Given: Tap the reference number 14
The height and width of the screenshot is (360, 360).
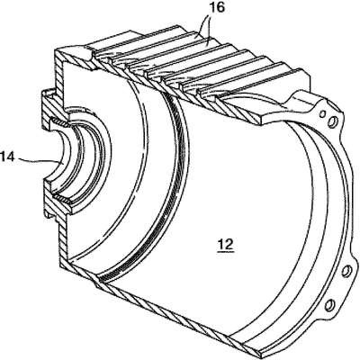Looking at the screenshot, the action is [6, 157].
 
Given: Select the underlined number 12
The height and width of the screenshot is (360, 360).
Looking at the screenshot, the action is [226, 245].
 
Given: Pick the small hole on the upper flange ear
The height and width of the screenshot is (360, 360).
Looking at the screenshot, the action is [322, 114].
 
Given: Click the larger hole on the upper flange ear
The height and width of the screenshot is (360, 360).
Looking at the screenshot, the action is [334, 121].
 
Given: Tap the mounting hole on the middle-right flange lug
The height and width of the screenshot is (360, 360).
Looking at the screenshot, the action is [346, 271].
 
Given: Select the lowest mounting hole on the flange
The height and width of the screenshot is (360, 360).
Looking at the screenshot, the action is [329, 306].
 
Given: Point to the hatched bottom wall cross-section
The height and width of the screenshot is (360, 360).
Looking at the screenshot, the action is [162, 306].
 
